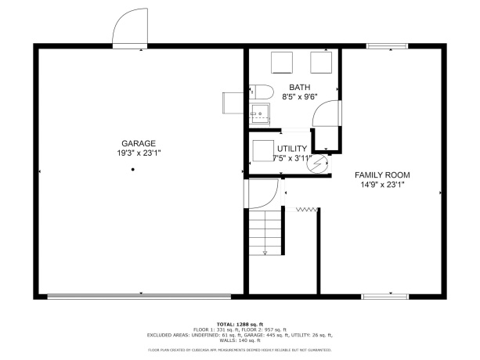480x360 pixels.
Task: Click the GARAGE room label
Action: (x=138, y=143)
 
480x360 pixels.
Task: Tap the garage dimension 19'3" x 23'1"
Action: (x=138, y=153)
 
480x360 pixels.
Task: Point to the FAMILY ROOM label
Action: (x=382, y=175)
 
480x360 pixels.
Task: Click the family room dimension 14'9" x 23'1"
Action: (x=382, y=185)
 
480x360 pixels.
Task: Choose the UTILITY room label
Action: (x=291, y=148)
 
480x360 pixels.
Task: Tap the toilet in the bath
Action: (x=260, y=91)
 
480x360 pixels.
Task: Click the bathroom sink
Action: (x=259, y=113)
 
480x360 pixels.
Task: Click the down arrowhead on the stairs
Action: (x=265, y=252)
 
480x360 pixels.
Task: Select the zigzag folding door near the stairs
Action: (x=306, y=209)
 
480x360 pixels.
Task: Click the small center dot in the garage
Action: (x=134, y=169)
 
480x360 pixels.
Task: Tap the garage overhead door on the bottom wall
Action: (x=139, y=297)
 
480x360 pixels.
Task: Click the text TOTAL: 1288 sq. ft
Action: (x=240, y=323)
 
